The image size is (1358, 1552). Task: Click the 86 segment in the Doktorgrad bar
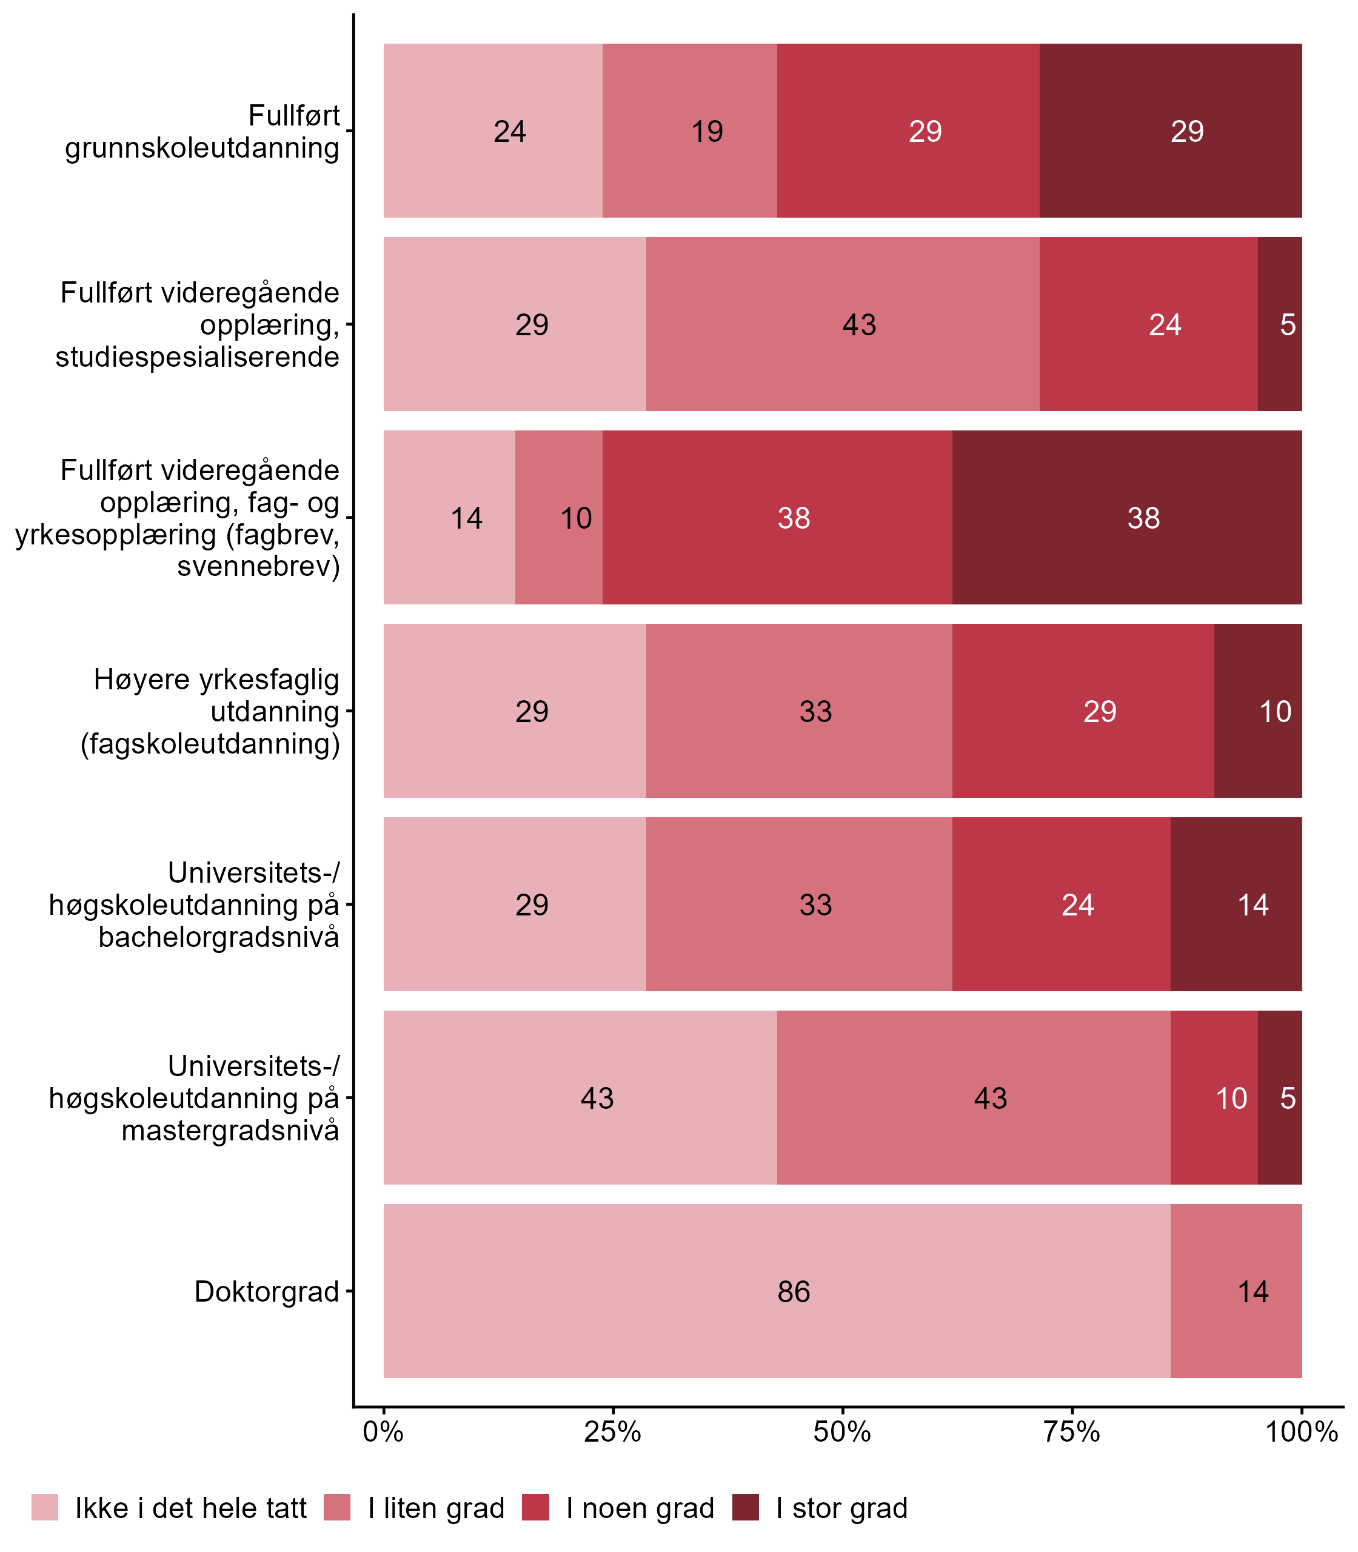(777, 1291)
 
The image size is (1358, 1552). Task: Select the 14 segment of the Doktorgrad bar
(1236, 1291)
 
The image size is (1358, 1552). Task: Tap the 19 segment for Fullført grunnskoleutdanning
(690, 130)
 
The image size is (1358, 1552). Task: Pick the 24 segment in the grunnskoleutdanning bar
(492, 130)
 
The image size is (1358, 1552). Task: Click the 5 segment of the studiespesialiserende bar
(1280, 324)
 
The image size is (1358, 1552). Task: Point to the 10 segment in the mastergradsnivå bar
(1214, 1097)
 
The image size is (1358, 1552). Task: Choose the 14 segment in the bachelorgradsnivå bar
(1236, 904)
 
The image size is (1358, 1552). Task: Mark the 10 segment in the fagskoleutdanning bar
(1258, 711)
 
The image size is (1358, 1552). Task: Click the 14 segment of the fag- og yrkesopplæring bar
(449, 518)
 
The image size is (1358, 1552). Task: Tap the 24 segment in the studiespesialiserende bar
(1149, 324)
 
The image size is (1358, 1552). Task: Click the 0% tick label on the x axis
(383, 1431)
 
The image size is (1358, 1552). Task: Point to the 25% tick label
(613, 1431)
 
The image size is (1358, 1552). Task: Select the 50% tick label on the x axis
(843, 1431)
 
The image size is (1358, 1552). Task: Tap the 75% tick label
(1072, 1431)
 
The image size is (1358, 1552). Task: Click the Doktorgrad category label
(267, 1291)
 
